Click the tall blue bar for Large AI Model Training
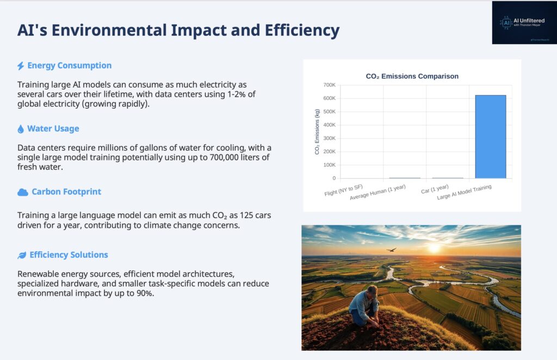(x=490, y=136)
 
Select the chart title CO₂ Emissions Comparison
(x=412, y=77)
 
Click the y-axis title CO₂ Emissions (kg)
(x=317, y=132)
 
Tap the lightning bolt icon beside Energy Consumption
(x=21, y=66)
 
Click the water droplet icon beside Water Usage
(x=21, y=129)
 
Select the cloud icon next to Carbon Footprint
(x=23, y=192)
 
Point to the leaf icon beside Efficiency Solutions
(x=22, y=255)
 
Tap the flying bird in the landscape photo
(x=391, y=250)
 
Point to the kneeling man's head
(x=372, y=290)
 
